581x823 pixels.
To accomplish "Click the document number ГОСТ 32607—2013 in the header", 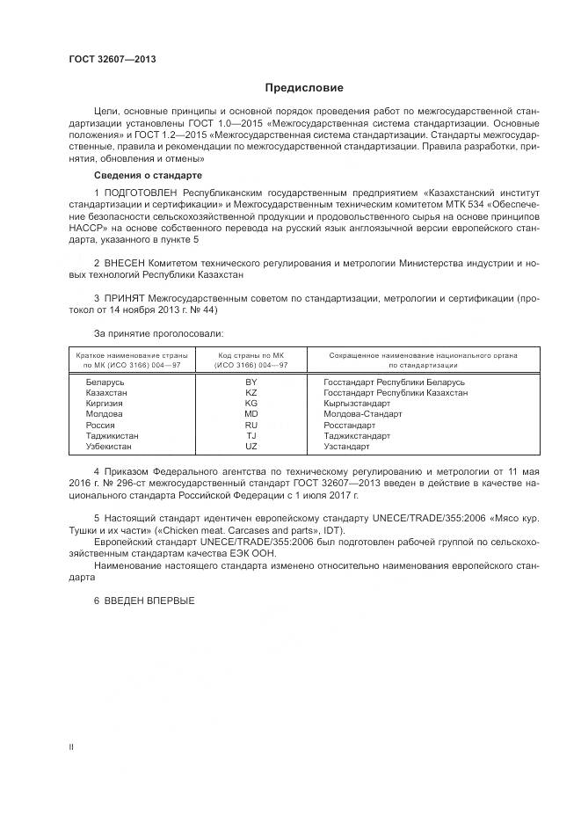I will pyautogui.click(x=113, y=60).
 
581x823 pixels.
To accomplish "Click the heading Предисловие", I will pyautogui.click(x=304, y=88).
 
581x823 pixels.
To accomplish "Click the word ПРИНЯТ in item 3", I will pyautogui.click(x=125, y=299).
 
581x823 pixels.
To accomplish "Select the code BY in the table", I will pyautogui.click(x=251, y=382).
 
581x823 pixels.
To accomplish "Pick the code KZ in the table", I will pyautogui.click(x=251, y=393).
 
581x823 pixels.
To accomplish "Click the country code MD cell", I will pyautogui.click(x=251, y=413).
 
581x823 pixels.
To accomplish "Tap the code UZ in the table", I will pyautogui.click(x=251, y=446).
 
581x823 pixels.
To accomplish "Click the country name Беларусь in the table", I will pyautogui.click(x=105, y=382).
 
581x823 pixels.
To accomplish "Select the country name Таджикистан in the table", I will pyautogui.click(x=112, y=435).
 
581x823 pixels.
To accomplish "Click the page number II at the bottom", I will pyautogui.click(x=71, y=747).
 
